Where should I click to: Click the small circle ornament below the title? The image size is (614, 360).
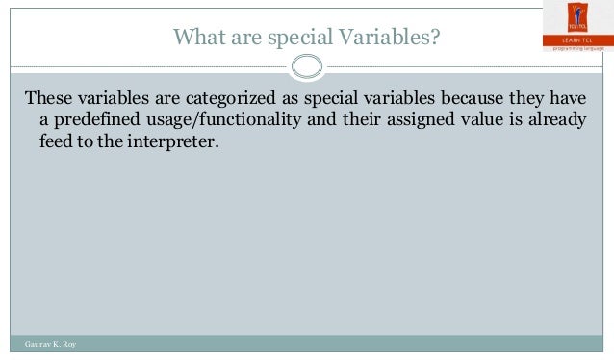pyautogui.click(x=306, y=67)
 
